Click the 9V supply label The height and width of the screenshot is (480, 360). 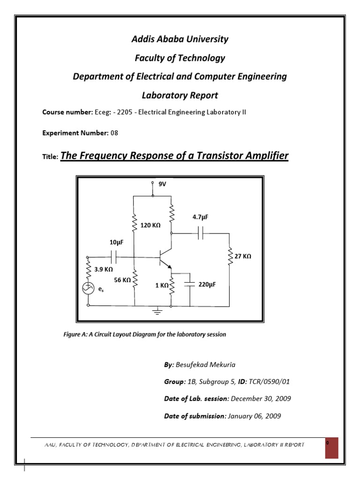point(163,185)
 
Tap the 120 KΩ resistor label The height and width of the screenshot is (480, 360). point(150,225)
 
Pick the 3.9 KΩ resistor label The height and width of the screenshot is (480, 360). point(104,270)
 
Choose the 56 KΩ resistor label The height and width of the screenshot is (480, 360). point(123,280)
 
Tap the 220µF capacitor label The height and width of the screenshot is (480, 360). point(207,284)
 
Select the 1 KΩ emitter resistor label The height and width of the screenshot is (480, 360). point(162,284)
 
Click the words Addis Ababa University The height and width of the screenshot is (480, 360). point(180,39)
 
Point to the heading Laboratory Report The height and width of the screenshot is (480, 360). point(180,95)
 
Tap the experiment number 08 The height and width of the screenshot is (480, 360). point(114,133)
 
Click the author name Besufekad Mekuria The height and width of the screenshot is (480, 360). point(209,364)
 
